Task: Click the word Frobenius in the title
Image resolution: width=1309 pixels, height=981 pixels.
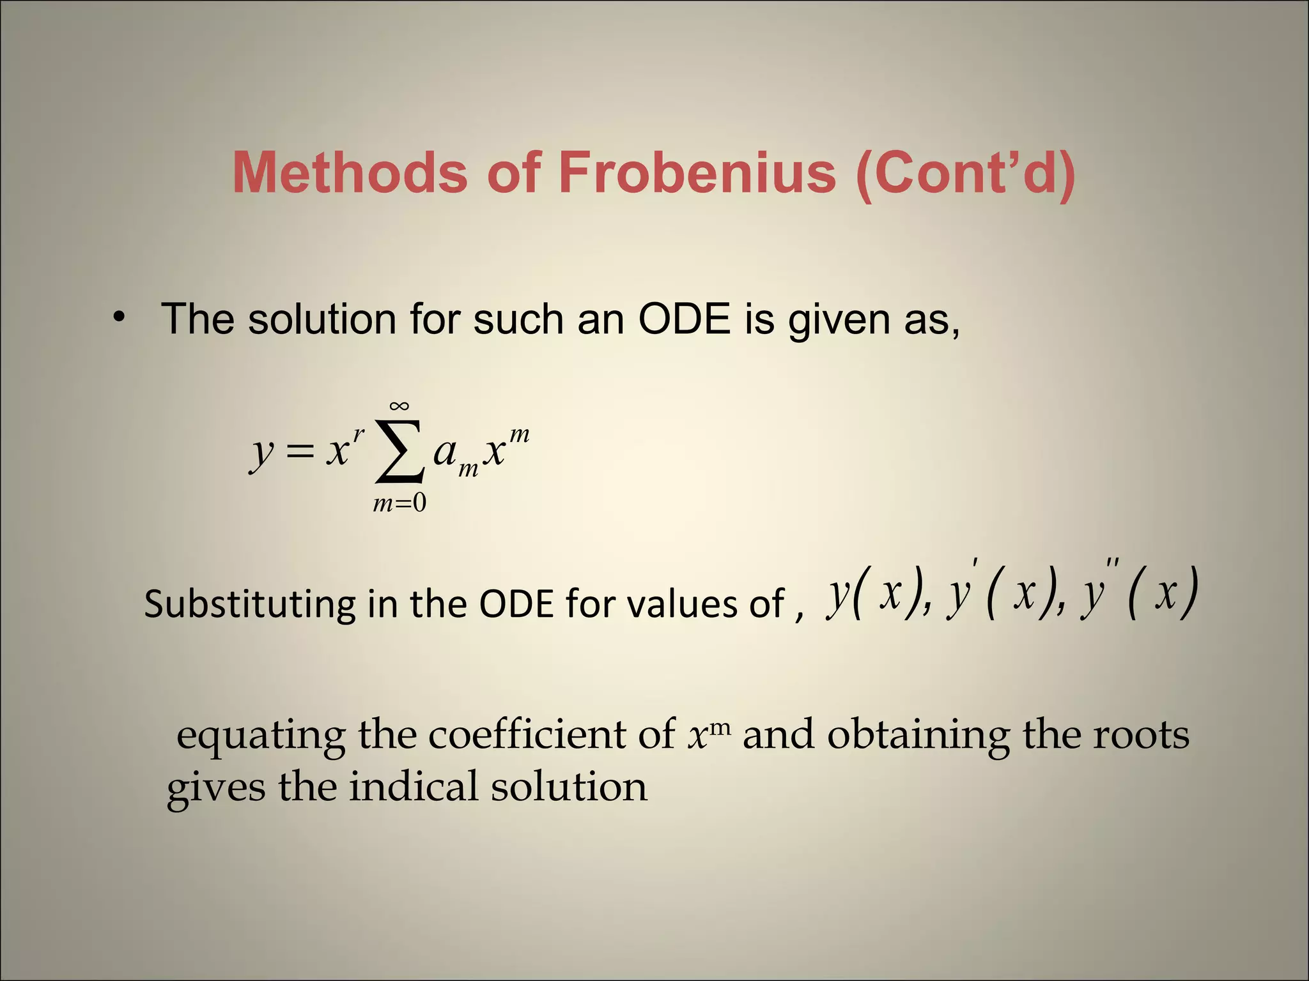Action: (697, 172)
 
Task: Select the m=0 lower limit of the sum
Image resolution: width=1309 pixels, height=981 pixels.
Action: (399, 504)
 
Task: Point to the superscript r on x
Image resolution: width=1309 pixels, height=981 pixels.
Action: (359, 434)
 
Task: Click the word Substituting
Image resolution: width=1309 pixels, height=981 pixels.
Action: (249, 604)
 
